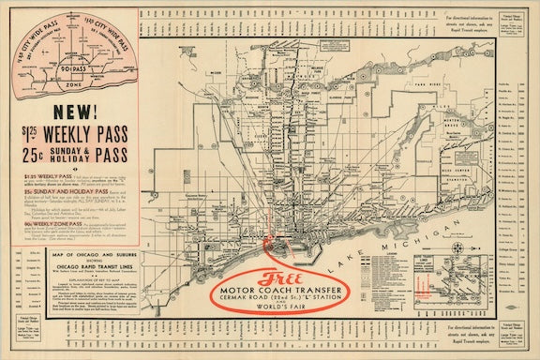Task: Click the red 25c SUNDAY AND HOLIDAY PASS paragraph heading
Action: tap(52, 188)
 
